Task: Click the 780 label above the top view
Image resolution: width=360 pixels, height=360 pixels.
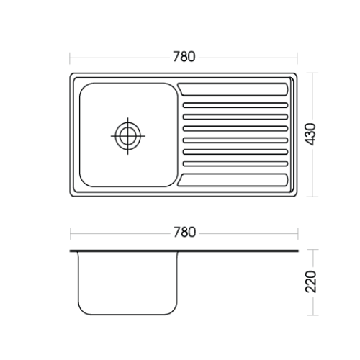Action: tap(184, 57)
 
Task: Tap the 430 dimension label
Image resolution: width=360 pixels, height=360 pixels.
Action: tap(311, 134)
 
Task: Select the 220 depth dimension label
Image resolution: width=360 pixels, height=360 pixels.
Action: tap(311, 282)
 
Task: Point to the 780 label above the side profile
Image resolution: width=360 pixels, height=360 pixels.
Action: tap(184, 233)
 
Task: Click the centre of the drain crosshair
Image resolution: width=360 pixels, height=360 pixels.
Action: tap(127, 136)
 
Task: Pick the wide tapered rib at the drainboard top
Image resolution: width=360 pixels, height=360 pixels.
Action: tap(233, 89)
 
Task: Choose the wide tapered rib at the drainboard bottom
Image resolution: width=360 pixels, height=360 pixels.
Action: tap(233, 180)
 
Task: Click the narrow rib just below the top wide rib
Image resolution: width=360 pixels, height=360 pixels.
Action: tap(235, 105)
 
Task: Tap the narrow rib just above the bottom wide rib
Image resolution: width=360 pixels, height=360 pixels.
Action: tap(235, 163)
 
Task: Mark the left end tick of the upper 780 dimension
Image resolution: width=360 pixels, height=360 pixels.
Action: tap(70, 58)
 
